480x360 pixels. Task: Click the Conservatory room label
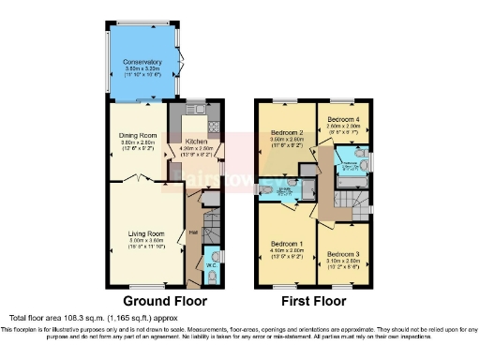click(142, 63)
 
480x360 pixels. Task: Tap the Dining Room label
click(137, 135)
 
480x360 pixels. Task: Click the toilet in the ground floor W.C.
click(218, 256)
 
